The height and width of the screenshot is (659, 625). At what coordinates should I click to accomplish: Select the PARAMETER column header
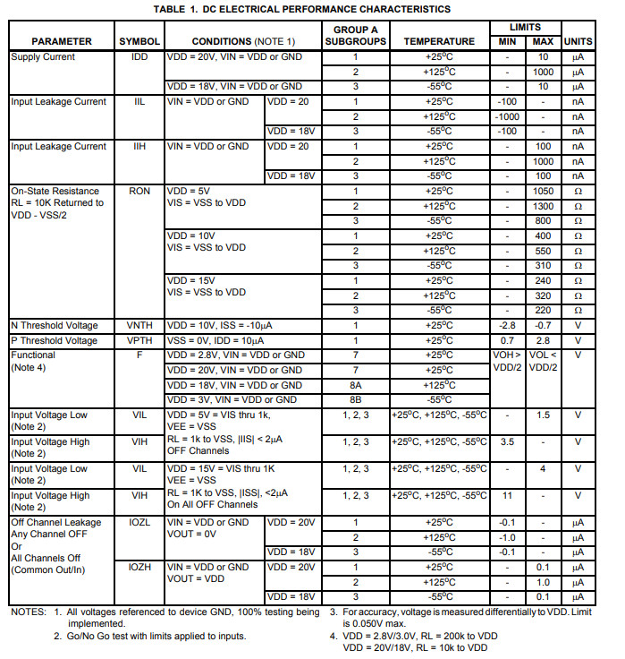62,41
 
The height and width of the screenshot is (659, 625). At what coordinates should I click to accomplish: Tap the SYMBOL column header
139,41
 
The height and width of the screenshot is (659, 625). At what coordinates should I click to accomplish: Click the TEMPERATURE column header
439,41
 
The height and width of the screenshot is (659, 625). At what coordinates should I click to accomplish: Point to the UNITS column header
579,41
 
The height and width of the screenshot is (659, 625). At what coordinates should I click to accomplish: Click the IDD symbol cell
139,57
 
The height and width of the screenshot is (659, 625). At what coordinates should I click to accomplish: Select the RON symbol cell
139,192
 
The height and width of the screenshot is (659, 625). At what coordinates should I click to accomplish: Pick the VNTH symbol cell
139,326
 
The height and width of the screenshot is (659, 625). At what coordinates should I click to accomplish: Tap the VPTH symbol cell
139,341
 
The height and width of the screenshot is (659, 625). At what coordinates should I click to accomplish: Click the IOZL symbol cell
139,523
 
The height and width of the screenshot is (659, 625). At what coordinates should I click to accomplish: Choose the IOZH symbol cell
139,568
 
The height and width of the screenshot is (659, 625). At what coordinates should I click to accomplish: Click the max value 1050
543,192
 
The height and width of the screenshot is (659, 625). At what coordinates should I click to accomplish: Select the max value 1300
543,206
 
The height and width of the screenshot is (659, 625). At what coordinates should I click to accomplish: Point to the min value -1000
507,116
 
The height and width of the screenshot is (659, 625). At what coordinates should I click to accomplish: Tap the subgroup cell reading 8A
355,385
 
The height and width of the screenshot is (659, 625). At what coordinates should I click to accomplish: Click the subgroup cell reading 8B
355,400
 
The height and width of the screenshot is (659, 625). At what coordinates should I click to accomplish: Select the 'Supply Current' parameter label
43,57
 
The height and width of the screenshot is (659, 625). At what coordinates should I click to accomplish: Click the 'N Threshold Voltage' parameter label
55,326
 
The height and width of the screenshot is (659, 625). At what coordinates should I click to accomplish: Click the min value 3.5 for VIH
507,441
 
